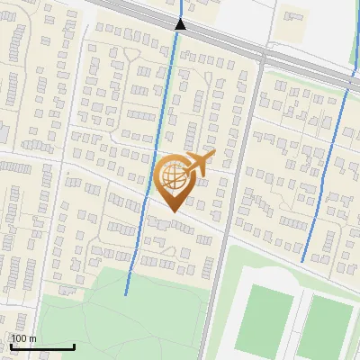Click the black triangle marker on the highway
[181, 24]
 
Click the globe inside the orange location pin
[173, 176]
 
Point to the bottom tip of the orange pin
[173, 212]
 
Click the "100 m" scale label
[23, 338]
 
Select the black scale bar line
[41, 346]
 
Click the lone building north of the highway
[294, 15]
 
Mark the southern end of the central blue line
[125, 293]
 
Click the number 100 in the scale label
[19, 338]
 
